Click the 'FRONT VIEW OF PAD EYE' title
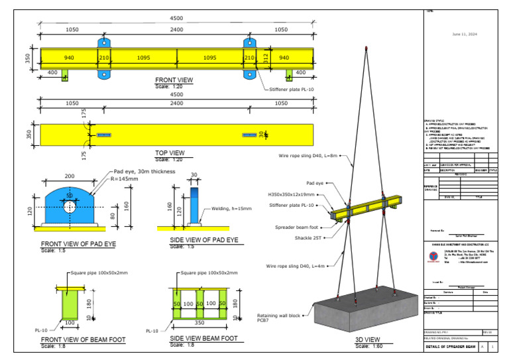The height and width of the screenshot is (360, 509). (78, 244)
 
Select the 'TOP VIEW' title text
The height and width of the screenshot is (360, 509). (169, 153)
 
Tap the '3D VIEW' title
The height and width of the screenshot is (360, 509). (369, 340)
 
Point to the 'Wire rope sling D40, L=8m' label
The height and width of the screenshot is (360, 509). (308, 156)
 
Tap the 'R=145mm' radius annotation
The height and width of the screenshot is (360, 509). (123, 179)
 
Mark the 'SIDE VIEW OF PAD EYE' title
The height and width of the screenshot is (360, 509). (204, 240)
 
